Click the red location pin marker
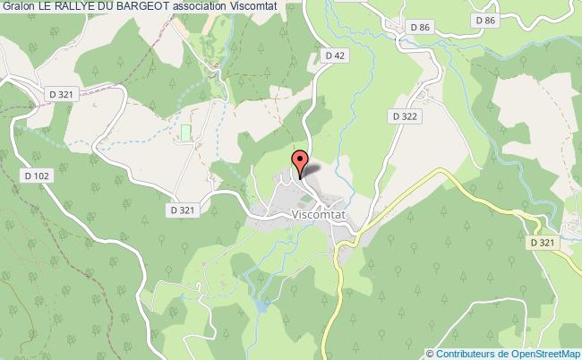[301, 164]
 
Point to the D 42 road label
[335, 56]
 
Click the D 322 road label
[405, 116]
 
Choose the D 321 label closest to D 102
[61, 94]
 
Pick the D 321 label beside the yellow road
[543, 243]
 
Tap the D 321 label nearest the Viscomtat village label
[181, 209]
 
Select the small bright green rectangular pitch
[186, 133]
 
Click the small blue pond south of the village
[261, 306]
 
